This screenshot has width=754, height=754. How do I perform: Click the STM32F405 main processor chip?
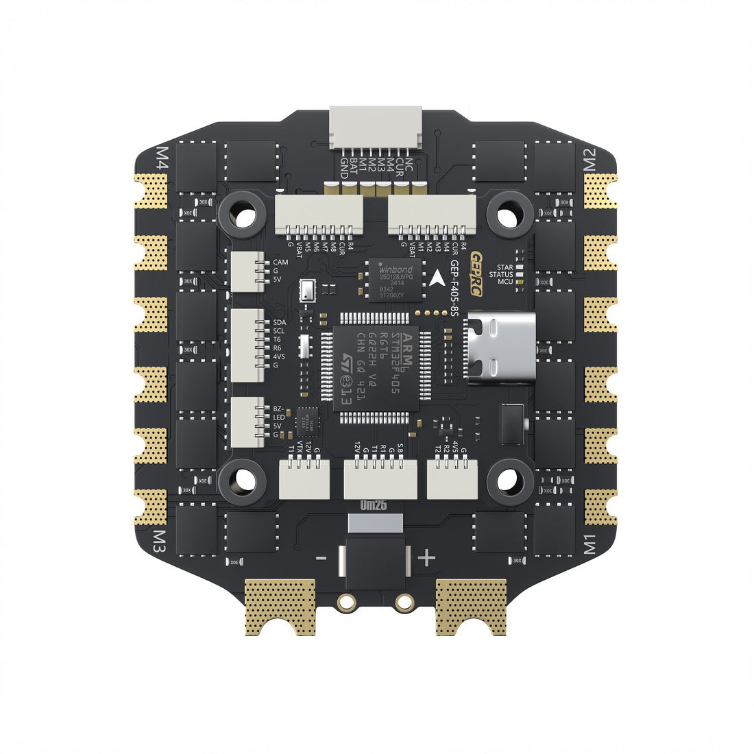coord(376,367)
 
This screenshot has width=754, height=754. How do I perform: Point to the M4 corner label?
coord(163,158)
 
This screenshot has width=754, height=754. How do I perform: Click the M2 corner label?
coord(590,158)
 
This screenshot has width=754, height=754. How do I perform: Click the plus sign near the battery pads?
coord(426,558)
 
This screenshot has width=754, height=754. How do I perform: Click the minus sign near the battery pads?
coord(321,559)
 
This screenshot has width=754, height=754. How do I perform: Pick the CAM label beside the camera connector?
coord(280,263)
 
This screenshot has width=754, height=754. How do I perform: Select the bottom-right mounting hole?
coord(509,481)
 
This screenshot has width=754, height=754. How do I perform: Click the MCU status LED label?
coord(505,282)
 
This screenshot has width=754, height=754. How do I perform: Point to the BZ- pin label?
coord(279,409)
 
